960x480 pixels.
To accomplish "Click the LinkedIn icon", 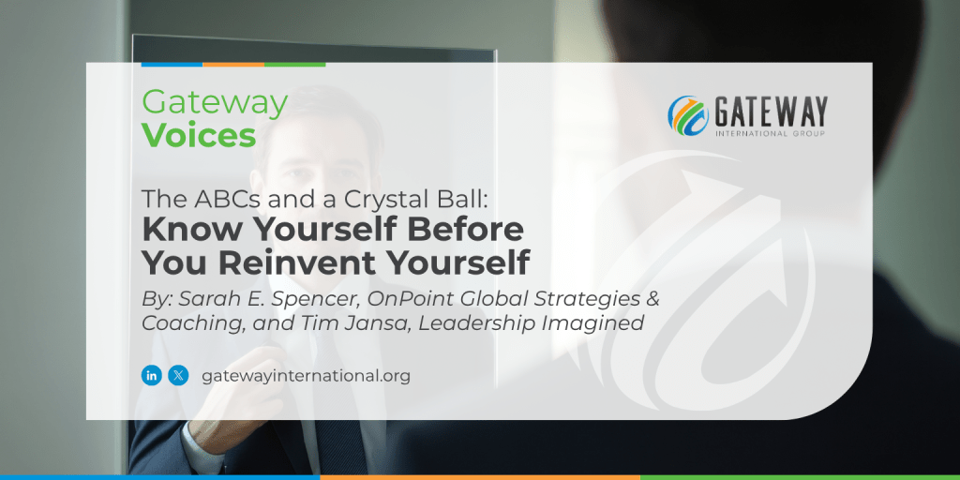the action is (151, 375).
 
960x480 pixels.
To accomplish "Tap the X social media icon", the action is (178, 375).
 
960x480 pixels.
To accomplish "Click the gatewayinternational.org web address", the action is (306, 376).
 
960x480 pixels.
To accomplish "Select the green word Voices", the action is (199, 136).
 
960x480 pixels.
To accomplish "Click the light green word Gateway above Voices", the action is (215, 104).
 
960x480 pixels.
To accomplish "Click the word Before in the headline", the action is (476, 229).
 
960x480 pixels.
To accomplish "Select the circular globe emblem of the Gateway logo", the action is (688, 115).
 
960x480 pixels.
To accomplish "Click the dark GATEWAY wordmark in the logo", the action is (770, 112).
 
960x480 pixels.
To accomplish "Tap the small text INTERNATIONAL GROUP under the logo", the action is (771, 133).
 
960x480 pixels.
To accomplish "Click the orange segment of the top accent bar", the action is (233, 65).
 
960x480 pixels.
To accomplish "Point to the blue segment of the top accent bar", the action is (172, 65).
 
